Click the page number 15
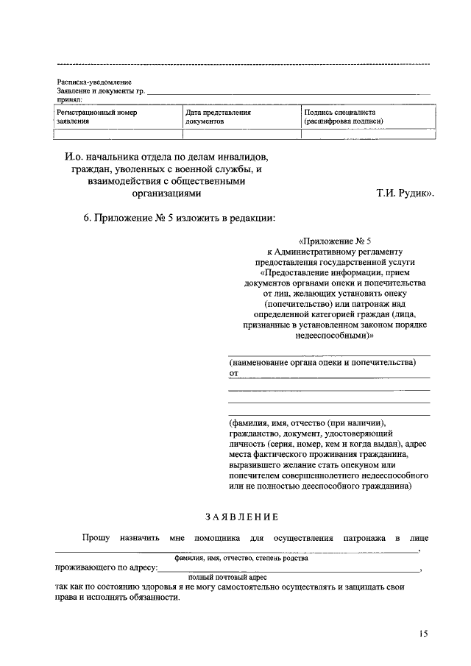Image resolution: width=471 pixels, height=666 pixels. (x=423, y=633)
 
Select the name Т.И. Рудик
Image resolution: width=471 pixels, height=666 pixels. (x=406, y=194)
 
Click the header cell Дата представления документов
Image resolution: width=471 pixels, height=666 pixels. (x=218, y=117)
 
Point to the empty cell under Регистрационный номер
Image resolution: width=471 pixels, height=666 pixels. (x=118, y=134)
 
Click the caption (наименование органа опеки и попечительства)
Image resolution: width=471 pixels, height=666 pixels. (x=322, y=363)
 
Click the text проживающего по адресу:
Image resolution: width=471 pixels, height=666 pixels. (x=106, y=568)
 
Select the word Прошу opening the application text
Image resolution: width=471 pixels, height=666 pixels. (x=96, y=539)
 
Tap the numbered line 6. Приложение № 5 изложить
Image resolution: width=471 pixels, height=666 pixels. (x=179, y=218)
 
